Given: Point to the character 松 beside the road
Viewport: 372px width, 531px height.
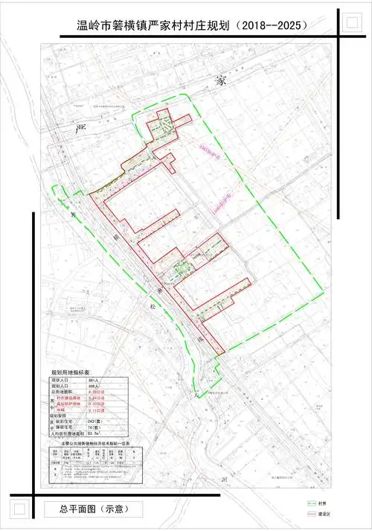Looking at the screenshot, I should pyautogui.click(x=153, y=306).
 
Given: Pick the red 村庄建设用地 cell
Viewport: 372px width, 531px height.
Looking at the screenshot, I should pyautogui.click(x=70, y=399).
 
